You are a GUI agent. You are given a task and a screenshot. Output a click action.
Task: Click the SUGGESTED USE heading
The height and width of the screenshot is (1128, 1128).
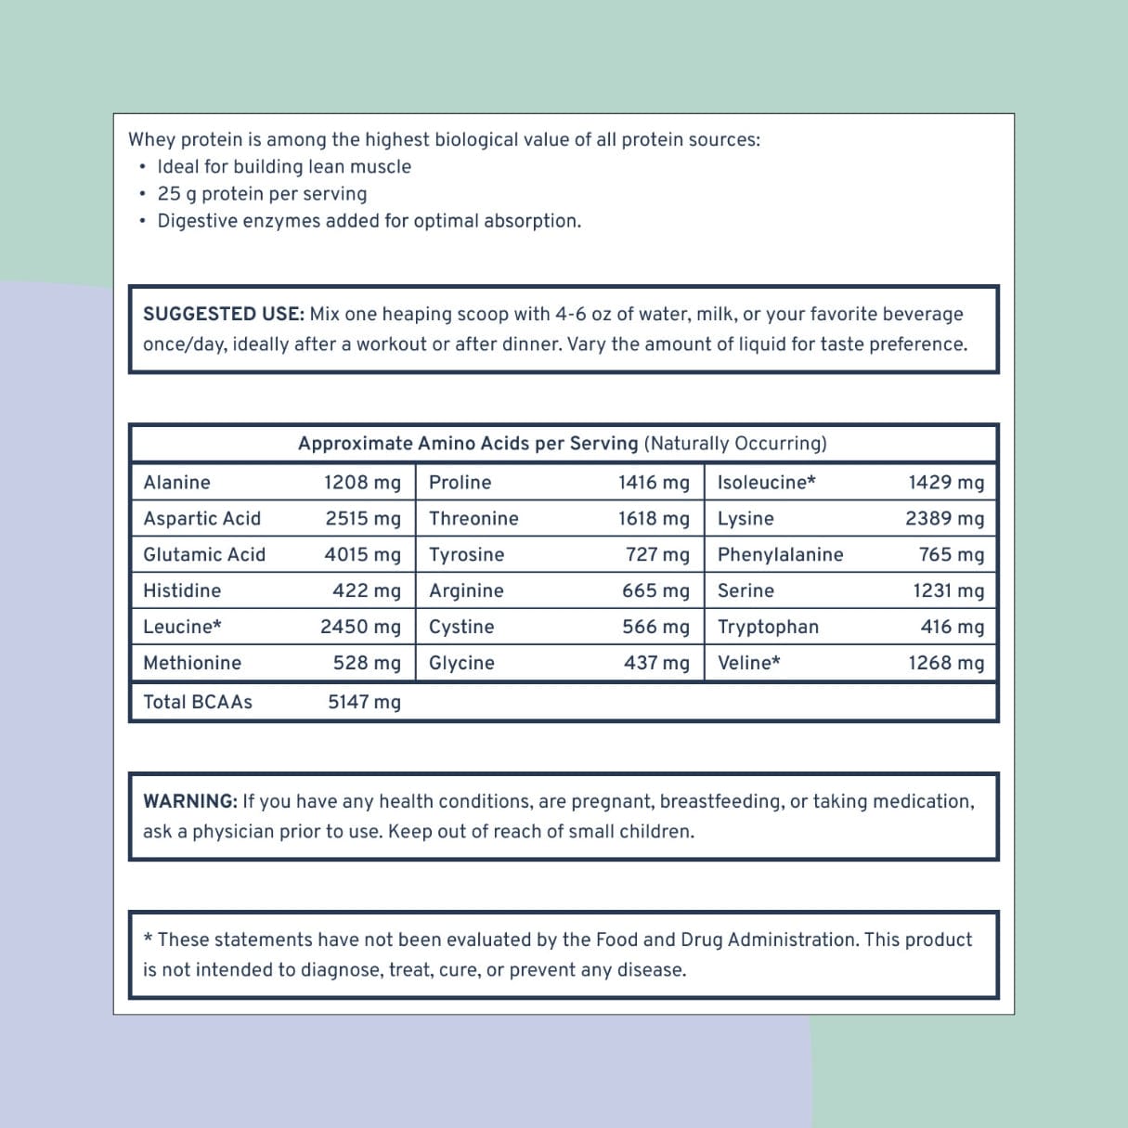(x=223, y=314)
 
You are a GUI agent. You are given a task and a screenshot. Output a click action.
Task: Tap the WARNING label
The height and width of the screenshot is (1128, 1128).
(x=190, y=801)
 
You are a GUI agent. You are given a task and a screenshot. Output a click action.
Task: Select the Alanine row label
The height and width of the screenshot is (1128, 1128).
(x=176, y=483)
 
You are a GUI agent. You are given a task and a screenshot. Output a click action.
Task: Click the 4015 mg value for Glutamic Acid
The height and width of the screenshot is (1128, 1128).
(x=362, y=555)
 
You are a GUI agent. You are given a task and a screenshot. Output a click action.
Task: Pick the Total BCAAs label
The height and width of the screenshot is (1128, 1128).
(x=198, y=702)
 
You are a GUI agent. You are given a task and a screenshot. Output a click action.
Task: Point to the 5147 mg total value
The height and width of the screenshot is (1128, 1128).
(x=364, y=702)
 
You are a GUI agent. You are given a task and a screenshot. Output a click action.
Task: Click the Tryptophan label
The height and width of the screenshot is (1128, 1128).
(x=768, y=627)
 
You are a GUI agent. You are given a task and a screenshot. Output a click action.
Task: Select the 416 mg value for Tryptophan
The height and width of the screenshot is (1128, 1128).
(x=952, y=627)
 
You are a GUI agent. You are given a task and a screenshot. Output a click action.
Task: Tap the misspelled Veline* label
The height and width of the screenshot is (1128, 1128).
(x=748, y=663)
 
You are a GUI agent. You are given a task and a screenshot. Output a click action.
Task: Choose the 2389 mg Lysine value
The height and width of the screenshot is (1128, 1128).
(x=944, y=519)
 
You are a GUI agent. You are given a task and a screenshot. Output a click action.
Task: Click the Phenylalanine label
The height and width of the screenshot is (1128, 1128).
(x=780, y=555)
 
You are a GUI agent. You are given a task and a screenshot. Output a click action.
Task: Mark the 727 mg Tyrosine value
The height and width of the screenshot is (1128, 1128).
(x=657, y=555)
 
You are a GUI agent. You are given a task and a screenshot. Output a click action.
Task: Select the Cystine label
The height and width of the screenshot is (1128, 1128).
(x=461, y=627)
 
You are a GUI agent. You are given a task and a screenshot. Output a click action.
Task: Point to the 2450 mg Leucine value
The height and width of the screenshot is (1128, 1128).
(x=360, y=627)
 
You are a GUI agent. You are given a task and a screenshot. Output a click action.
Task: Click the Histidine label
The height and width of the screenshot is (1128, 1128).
(x=182, y=590)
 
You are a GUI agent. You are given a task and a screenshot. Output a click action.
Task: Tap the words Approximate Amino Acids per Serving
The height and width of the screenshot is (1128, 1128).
(x=468, y=444)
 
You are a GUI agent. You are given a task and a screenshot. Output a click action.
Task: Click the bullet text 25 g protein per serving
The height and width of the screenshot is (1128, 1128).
(x=262, y=194)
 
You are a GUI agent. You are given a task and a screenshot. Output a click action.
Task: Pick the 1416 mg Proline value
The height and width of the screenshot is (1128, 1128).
(x=654, y=483)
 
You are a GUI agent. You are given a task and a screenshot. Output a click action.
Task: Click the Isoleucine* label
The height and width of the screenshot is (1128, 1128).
(x=766, y=483)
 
